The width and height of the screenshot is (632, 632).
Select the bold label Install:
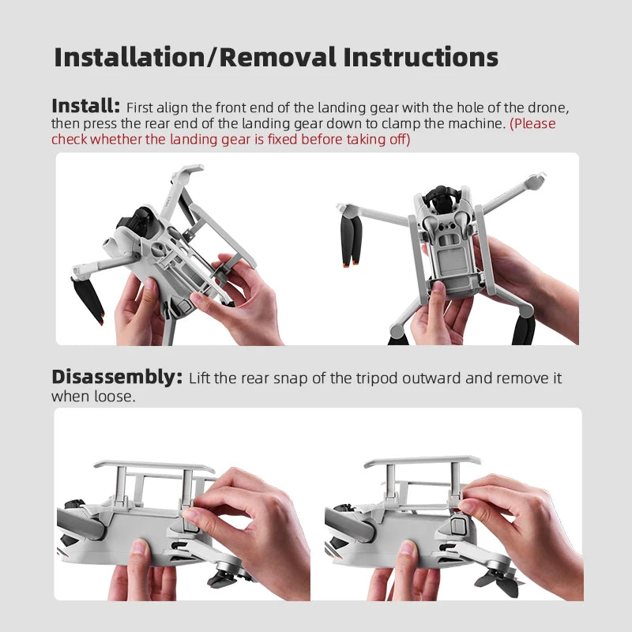click(x=85, y=106)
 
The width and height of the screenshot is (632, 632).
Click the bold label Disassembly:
click(x=117, y=377)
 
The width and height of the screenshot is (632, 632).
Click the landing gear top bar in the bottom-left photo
click(x=154, y=466)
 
